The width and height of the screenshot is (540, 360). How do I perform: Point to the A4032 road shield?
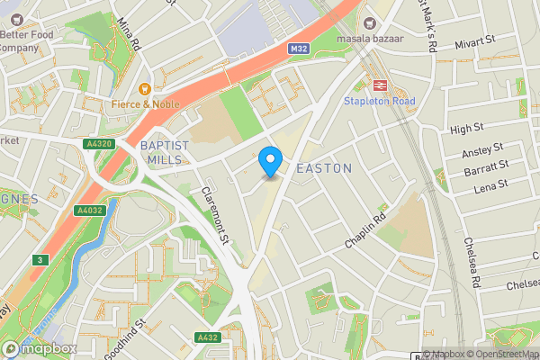pyautogui.click(x=90, y=211)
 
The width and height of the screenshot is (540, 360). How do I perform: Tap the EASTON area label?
pyautogui.click(x=323, y=169)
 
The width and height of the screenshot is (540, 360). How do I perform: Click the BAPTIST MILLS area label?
pyautogui.click(x=165, y=152)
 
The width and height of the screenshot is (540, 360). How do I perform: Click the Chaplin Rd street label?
pyautogui.click(x=365, y=231)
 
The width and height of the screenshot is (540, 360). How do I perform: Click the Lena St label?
pyautogui.click(x=491, y=184)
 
